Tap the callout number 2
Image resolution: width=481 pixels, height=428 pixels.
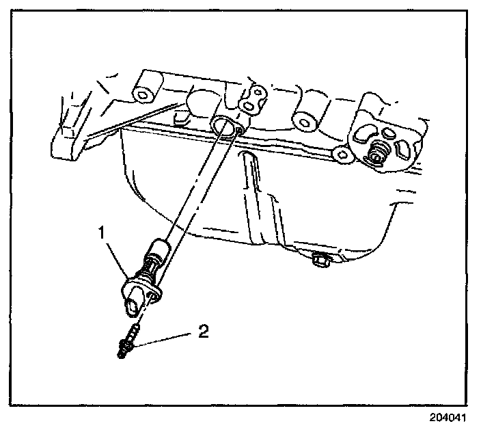[x=202, y=332]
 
